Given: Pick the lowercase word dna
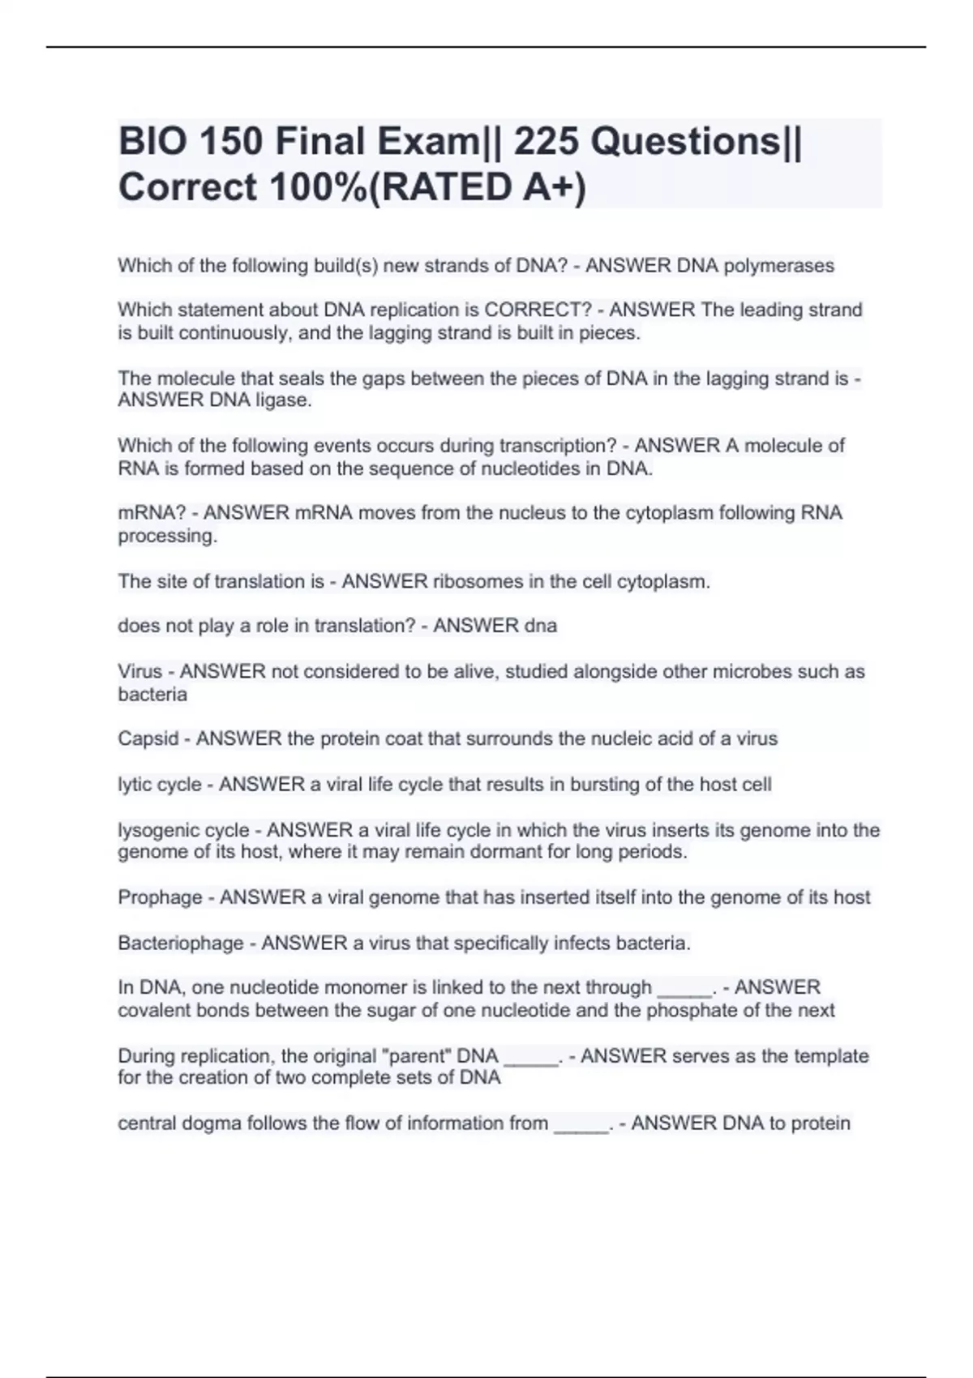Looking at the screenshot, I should [541, 626].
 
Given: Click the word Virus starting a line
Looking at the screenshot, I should [140, 671].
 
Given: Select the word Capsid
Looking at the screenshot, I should [148, 738].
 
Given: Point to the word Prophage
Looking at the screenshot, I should [160, 897].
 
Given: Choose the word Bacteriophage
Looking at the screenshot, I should [181, 943].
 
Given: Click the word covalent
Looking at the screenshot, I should [154, 1010].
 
